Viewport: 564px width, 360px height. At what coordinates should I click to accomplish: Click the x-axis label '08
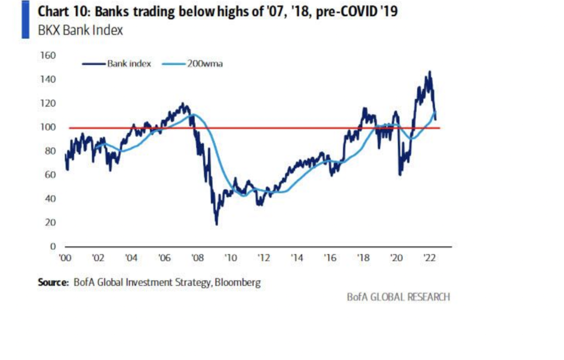[x=197, y=258]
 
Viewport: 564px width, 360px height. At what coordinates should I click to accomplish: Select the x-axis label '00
[x=65, y=258]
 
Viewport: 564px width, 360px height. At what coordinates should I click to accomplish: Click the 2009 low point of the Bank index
[x=216, y=224]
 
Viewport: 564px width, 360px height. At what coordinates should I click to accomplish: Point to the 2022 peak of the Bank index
[x=429, y=72]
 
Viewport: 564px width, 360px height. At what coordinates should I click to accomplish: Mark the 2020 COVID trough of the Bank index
[x=399, y=175]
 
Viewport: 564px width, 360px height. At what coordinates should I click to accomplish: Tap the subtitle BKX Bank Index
[x=80, y=30]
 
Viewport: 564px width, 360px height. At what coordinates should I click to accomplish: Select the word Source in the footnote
[x=53, y=283]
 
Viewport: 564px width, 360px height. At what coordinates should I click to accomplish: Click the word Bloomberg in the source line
[x=238, y=283]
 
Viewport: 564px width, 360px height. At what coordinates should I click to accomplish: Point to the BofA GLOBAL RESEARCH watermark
[x=398, y=297]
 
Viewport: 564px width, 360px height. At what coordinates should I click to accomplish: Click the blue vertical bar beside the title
[x=25, y=19]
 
